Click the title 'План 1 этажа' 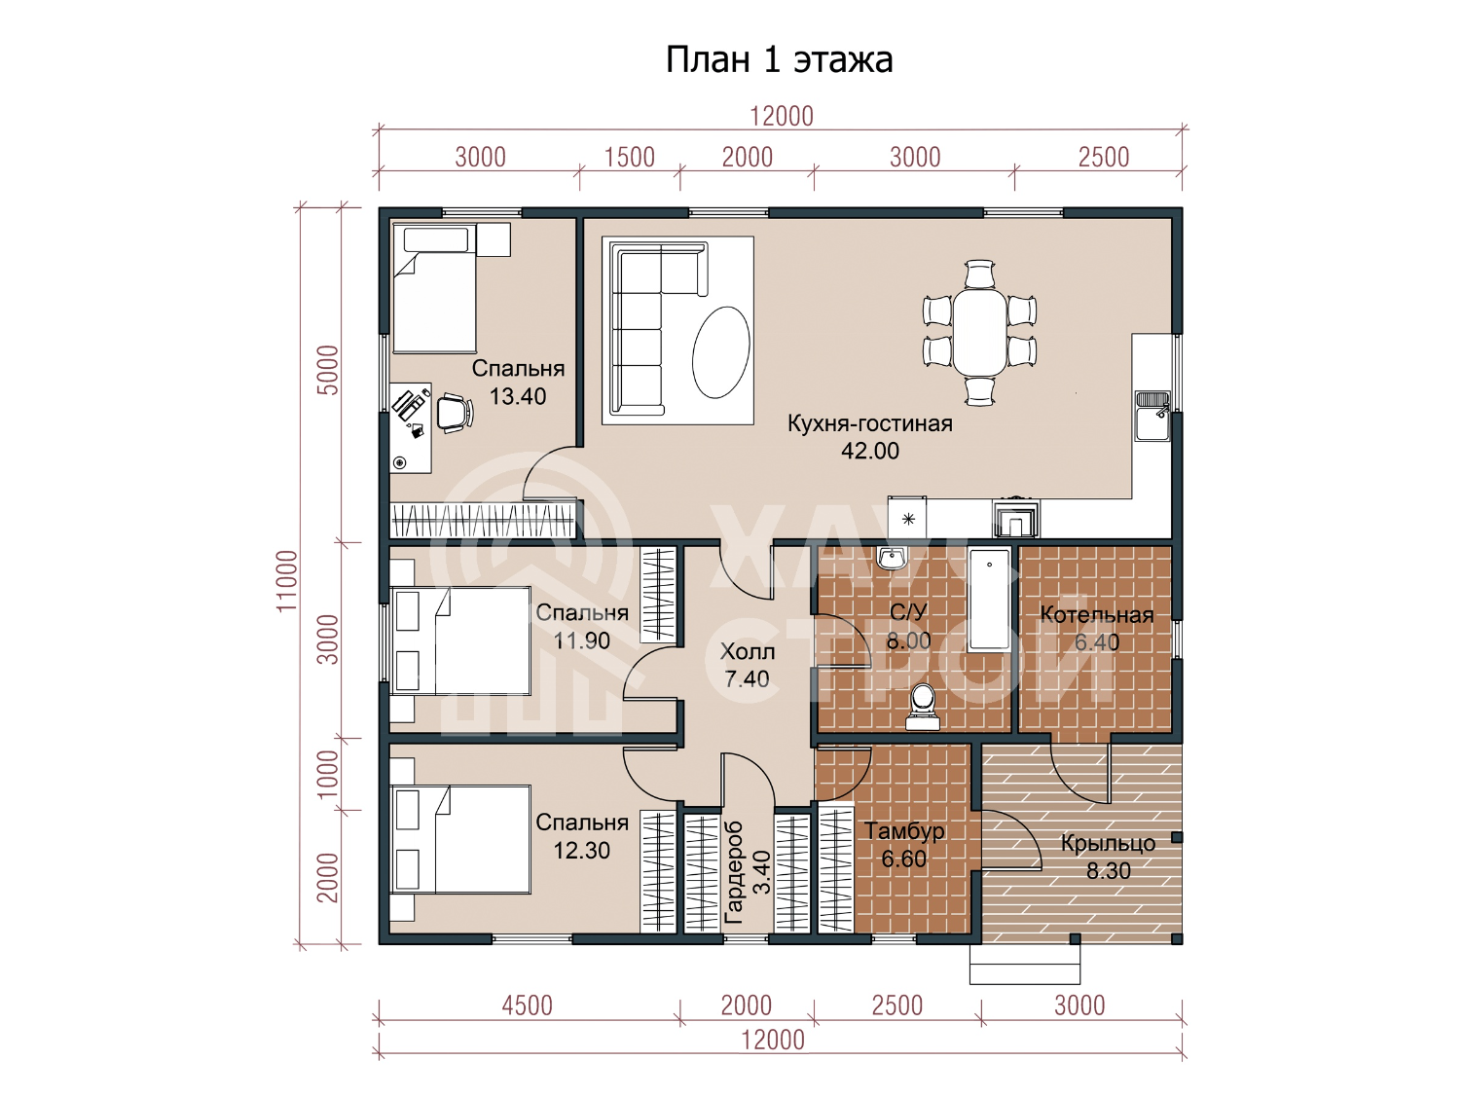click(779, 60)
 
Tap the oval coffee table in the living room click(721, 352)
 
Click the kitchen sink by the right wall click(1152, 416)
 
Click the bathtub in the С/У click(989, 600)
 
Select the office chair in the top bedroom click(455, 413)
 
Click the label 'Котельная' click(1096, 614)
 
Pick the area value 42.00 click(870, 452)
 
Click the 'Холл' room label click(748, 651)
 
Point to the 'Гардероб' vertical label click(734, 873)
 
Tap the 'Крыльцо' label click(1108, 844)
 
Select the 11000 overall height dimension click(286, 580)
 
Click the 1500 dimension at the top click(629, 158)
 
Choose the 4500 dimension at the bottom click(527, 1006)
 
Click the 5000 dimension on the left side click(328, 371)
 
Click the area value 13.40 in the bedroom click(518, 396)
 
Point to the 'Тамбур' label click(904, 831)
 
